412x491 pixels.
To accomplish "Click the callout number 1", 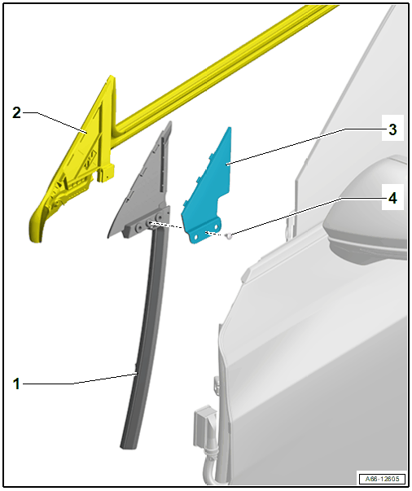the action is (16, 384).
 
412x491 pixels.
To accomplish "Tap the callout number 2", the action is (16, 112).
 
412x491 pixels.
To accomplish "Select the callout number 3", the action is (392, 129).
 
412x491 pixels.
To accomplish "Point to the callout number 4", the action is (392, 198).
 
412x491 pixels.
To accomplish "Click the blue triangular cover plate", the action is (209, 191).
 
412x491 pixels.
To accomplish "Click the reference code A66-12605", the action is (382, 479).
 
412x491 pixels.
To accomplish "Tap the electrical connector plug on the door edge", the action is (204, 426).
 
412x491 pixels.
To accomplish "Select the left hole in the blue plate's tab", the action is (196, 238).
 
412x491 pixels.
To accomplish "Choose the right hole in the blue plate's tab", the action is (216, 226).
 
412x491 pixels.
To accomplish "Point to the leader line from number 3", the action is (305, 147).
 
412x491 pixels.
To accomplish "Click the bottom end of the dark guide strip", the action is (129, 445).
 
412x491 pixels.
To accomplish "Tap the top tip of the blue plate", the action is (230, 128).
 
